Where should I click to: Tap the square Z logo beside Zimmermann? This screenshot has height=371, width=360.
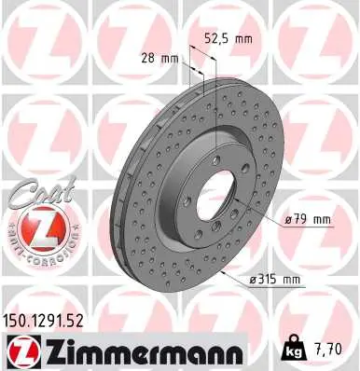[20, 350]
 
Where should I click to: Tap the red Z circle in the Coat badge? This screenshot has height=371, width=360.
[33, 228]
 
